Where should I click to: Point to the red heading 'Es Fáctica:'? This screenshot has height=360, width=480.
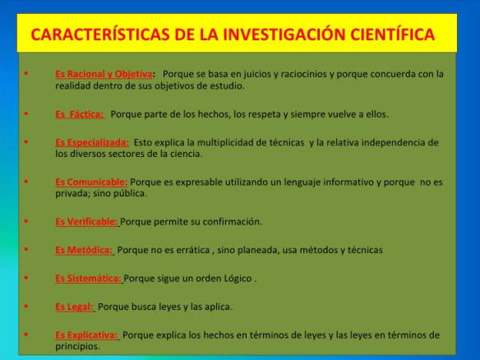click(x=80, y=114)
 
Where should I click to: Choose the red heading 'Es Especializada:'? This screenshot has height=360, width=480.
click(x=92, y=142)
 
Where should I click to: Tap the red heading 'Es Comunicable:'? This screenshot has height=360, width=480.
click(x=91, y=182)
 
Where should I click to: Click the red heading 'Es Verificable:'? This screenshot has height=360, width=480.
click(x=86, y=222)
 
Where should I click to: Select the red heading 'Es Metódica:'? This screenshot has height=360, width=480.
click(x=84, y=250)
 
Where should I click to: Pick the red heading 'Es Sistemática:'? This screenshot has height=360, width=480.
click(x=88, y=279)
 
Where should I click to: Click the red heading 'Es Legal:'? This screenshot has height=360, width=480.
click(x=75, y=307)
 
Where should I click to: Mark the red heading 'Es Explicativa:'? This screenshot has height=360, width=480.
click(x=87, y=335)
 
